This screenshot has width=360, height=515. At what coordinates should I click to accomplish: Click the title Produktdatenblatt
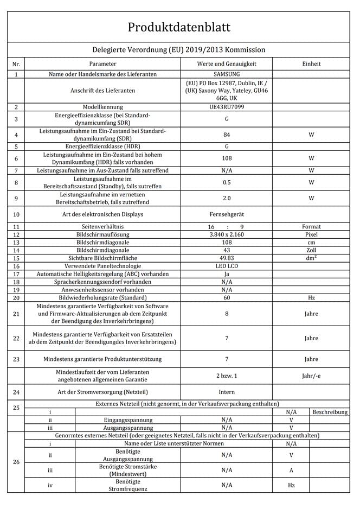click(179, 27)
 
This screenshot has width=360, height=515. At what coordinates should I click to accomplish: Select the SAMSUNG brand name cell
click(226, 74)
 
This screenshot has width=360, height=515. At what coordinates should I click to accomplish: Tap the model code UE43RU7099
click(226, 107)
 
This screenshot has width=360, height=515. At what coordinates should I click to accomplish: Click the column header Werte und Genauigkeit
click(226, 63)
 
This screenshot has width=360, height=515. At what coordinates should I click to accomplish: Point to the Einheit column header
click(311, 63)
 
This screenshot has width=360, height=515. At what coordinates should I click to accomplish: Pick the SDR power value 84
click(226, 135)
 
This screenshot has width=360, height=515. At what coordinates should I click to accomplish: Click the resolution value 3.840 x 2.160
click(226, 234)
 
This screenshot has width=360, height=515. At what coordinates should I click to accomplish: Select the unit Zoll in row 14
click(311, 250)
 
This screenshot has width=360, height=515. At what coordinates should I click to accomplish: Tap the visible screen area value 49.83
click(226, 258)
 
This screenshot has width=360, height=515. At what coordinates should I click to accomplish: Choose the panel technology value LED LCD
click(226, 266)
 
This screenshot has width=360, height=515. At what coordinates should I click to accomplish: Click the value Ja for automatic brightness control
click(226, 274)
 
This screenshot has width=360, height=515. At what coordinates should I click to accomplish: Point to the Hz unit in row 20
click(311, 298)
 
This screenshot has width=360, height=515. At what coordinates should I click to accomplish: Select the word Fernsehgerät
click(226, 214)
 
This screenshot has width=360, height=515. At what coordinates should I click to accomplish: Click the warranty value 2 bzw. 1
click(226, 376)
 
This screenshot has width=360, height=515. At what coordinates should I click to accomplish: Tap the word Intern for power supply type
click(226, 392)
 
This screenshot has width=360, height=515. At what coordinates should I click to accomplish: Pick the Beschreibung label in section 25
click(330, 412)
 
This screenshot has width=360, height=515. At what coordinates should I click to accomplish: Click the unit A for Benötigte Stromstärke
click(292, 470)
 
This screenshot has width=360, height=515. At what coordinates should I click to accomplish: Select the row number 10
click(16, 214)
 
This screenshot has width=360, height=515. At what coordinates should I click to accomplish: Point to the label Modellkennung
click(102, 107)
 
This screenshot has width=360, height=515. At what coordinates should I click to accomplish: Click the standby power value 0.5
click(226, 182)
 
